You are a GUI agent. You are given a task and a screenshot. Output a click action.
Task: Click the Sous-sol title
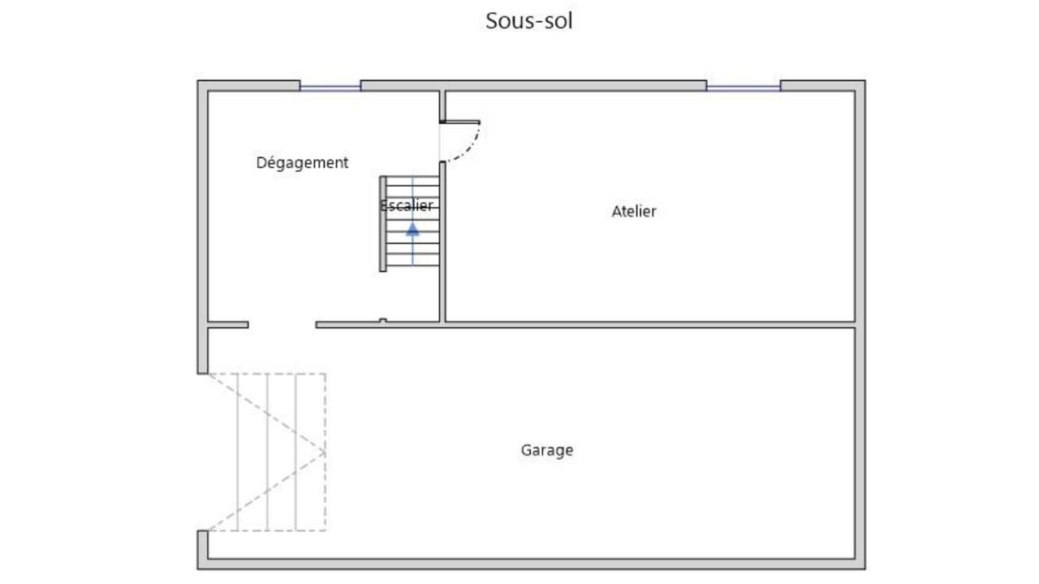pos(529,20)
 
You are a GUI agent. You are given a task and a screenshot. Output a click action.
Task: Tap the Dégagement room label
pos(302,162)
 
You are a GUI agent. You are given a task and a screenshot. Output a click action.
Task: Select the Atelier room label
pos(633,211)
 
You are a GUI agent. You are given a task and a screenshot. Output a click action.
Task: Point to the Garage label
pos(546,449)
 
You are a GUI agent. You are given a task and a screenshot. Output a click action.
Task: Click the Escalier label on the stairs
pos(407,205)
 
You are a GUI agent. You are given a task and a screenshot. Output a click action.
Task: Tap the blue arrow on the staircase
pos(412,229)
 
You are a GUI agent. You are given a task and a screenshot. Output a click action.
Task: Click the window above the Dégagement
pos(330,86)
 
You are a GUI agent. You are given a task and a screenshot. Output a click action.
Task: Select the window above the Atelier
pos(743,86)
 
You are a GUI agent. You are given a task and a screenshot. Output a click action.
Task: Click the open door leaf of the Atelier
pos(460,122)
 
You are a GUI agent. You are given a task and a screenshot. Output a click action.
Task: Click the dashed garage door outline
pos(268,452)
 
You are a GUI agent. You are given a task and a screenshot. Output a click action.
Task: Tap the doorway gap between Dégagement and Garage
pos(282,325)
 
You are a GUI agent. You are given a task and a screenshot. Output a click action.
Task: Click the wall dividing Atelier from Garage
pos(649,324)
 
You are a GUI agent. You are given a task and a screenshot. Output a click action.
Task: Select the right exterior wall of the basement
pos(860,324)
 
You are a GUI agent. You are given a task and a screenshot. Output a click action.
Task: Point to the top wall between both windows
pos(532,85)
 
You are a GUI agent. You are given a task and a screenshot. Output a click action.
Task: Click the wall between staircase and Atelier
pos(442,243)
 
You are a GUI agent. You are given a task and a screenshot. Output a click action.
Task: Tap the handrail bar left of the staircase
pos(383,223)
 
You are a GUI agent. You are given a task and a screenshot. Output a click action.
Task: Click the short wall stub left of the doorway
pos(228,325)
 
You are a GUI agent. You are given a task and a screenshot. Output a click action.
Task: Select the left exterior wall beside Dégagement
pos(203,203)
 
